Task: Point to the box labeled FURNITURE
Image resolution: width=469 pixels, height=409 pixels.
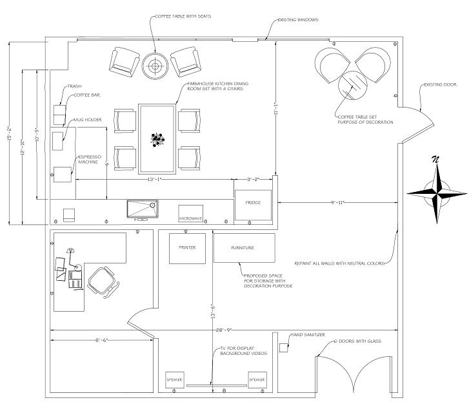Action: tap(243, 248)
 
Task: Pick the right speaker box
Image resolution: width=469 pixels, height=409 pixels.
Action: tap(257, 380)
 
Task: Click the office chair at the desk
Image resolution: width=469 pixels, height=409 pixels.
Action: tap(102, 281)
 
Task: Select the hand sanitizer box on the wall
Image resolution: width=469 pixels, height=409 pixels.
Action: tap(283, 347)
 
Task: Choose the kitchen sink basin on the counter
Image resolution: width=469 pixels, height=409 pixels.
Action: tap(141, 209)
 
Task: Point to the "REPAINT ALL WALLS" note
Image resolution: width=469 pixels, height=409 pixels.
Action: tap(339, 263)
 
